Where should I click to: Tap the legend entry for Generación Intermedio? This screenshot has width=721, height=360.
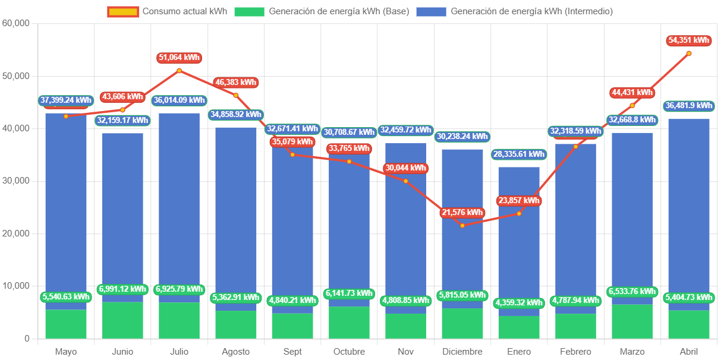click(514, 11)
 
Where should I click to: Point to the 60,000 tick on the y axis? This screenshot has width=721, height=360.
click(16, 23)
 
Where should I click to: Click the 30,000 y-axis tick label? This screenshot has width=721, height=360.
click(16, 181)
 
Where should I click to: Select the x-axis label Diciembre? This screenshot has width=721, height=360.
click(462, 352)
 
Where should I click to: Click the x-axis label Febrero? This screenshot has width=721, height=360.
click(575, 352)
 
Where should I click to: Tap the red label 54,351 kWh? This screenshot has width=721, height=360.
click(689, 40)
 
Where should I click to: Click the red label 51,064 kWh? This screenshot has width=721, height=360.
click(179, 58)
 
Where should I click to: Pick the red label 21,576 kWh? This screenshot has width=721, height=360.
click(462, 213)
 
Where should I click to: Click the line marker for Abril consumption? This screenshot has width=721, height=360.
click(689, 53)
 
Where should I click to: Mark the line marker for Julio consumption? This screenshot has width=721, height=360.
click(179, 71)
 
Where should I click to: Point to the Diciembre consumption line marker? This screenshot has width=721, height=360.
click(462, 225)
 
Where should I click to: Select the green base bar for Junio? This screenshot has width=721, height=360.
click(122, 321)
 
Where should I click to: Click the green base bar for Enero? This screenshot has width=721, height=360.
click(519, 327)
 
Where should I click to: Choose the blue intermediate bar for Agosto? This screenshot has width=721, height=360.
click(236, 214)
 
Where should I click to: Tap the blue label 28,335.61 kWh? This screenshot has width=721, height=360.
click(519, 154)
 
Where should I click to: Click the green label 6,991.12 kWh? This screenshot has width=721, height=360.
click(122, 289)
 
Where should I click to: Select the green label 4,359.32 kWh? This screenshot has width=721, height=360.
click(519, 303)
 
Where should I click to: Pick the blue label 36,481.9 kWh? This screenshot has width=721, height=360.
click(689, 106)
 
